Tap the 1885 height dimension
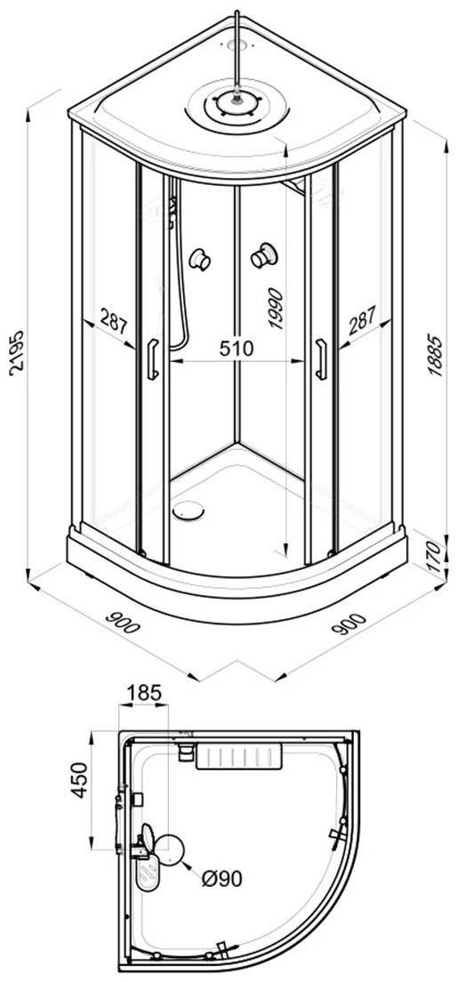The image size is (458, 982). click(436, 356)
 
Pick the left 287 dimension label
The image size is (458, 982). click(114, 324)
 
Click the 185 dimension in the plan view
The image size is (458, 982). click(144, 693)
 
